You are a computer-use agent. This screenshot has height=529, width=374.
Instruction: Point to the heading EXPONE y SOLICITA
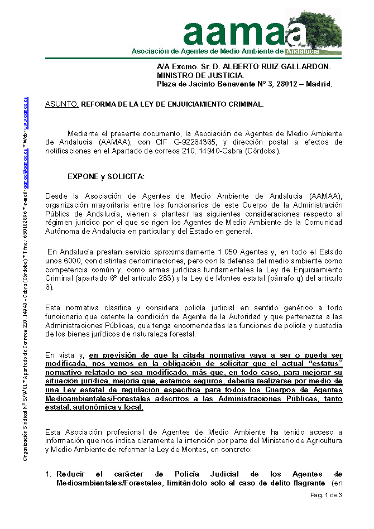click(x=106, y=177)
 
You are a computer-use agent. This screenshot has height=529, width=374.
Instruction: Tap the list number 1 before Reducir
click(x=47, y=474)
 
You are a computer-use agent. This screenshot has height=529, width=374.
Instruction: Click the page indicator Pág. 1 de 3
click(x=326, y=496)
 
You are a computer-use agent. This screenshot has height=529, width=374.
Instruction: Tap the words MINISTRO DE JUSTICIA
click(x=200, y=75)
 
